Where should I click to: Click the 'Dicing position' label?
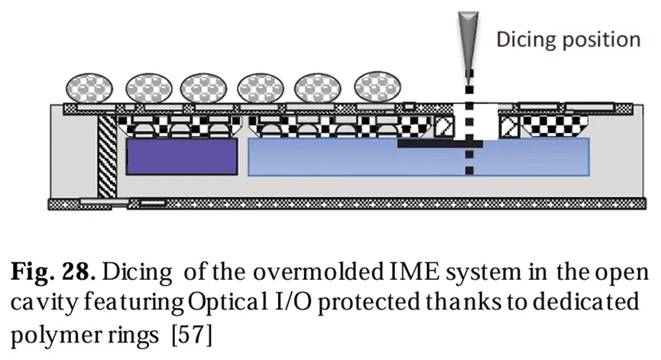569,39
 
